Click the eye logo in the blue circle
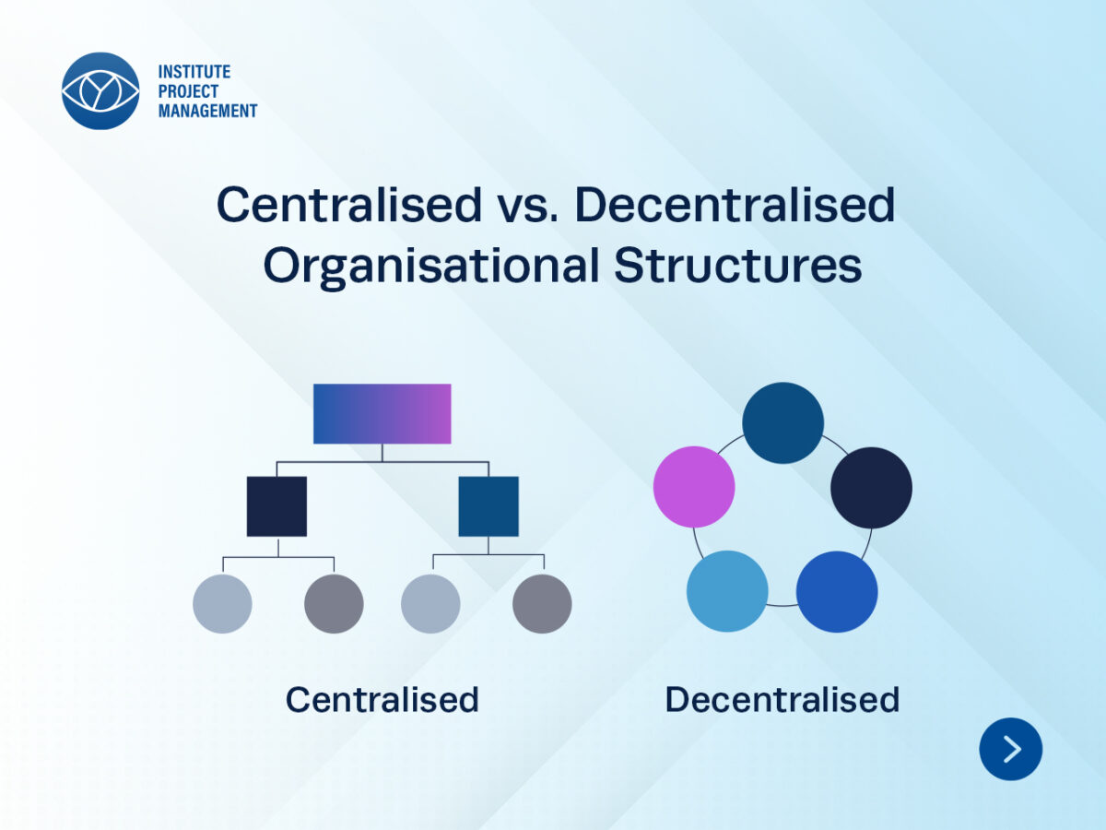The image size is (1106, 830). click(100, 90)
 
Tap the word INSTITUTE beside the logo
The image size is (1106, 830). click(194, 72)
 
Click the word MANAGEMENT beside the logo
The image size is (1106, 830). click(207, 111)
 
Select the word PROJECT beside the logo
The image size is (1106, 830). click(188, 91)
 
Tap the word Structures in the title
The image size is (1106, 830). click(737, 265)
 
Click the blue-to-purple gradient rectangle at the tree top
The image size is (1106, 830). click(382, 414)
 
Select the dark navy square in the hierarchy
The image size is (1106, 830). click(276, 506)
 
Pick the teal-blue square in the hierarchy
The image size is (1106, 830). click(488, 506)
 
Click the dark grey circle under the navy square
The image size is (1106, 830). click(334, 604)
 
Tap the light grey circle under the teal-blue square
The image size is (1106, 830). click(430, 604)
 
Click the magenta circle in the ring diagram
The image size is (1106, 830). click(694, 487)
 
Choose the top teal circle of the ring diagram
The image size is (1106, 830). click(783, 422)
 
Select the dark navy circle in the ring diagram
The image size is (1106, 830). click(871, 488)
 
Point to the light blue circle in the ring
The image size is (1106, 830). click(727, 591)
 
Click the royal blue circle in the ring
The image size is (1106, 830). click(837, 592)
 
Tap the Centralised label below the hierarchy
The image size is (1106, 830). click(382, 699)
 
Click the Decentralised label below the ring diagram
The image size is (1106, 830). click(782, 699)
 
